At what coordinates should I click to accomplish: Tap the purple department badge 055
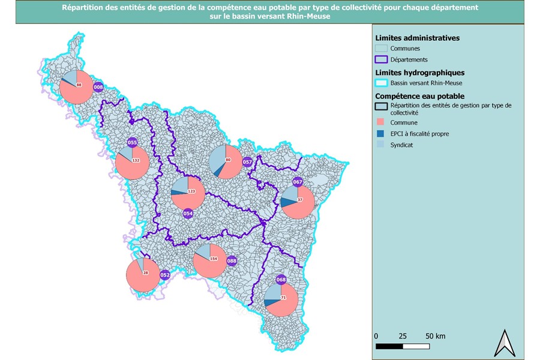click(x=132, y=143)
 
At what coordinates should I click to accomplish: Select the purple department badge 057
click(x=247, y=162)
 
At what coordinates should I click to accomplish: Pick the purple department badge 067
click(x=298, y=182)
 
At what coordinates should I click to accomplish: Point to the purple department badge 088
click(x=232, y=261)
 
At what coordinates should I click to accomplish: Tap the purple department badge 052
click(x=166, y=275)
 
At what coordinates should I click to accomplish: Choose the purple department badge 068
click(x=281, y=280)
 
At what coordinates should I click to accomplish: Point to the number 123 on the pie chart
click(x=191, y=191)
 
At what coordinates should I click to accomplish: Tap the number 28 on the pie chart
click(x=145, y=273)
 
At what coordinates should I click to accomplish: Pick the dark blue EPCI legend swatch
click(x=380, y=133)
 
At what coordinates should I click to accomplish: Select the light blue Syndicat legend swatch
click(x=380, y=145)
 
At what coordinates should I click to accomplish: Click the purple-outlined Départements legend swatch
click(x=380, y=59)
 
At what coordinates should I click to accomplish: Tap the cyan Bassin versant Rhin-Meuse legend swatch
click(x=380, y=83)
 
